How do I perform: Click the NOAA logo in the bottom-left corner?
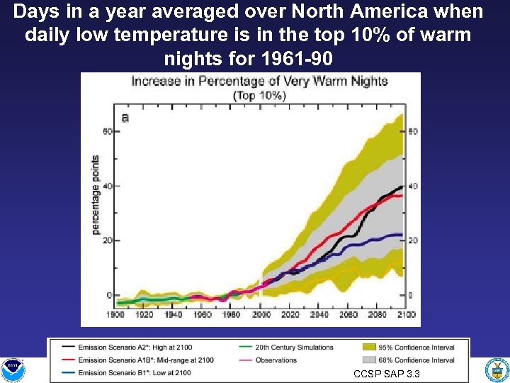[x=12, y=370]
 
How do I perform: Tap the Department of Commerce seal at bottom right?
[x=497, y=370]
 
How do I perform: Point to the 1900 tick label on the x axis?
[x=116, y=315]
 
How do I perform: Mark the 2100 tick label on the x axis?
[x=406, y=315]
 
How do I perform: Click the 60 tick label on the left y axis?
[x=108, y=131]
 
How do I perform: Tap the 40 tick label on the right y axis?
[x=413, y=187]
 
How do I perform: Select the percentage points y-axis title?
[x=95, y=195]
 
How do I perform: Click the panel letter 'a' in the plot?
[x=125, y=118]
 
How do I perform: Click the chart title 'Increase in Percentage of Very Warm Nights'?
[x=259, y=81]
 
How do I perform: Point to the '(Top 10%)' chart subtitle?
[x=259, y=96]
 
